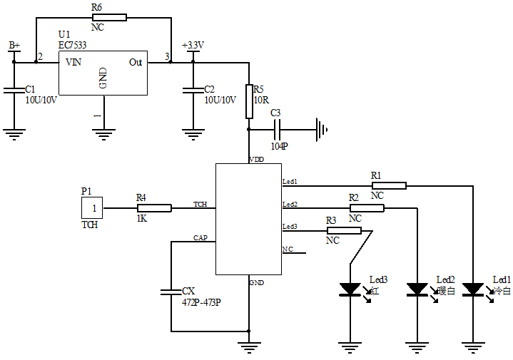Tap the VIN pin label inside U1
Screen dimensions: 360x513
click(x=73, y=62)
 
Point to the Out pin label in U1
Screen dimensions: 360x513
click(x=136, y=62)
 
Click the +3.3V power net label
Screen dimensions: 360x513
click(x=193, y=45)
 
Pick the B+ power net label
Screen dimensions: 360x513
click(x=14, y=45)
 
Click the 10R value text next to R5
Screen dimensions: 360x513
click(x=261, y=100)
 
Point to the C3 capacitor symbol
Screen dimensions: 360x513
click(x=278, y=130)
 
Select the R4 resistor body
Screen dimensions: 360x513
click(x=154, y=208)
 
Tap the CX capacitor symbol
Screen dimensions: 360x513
click(x=171, y=291)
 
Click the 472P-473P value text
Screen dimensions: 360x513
click(x=202, y=302)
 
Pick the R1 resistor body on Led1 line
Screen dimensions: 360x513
click(x=389, y=186)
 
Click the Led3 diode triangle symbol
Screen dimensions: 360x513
click(x=350, y=289)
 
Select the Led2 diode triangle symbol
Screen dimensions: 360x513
click(x=417, y=289)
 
